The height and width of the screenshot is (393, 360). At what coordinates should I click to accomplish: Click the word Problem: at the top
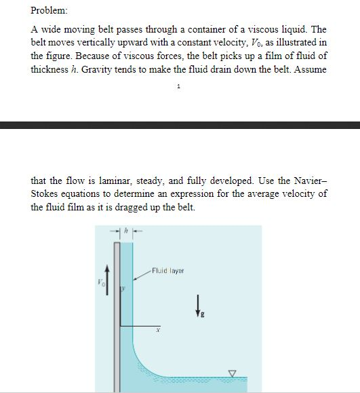coord(49,10)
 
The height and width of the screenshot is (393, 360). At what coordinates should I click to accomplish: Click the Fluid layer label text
coord(168,270)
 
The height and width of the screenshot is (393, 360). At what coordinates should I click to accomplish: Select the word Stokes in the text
coord(46,194)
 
